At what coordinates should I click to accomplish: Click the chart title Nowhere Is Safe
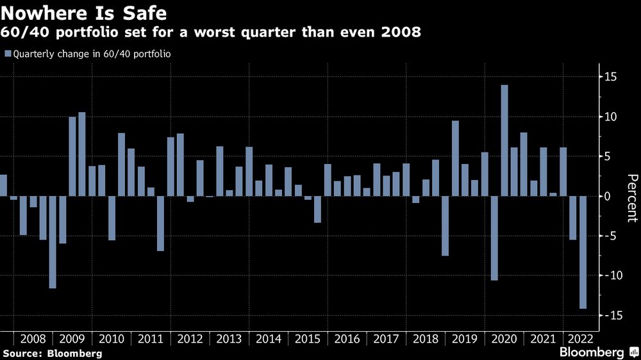point(85,13)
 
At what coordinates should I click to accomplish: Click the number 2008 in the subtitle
point(403,33)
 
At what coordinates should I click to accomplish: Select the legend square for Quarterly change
point(7,54)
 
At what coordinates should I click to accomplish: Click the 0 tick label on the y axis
point(606,196)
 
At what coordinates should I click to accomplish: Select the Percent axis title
point(631,198)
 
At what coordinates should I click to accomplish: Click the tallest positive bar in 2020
point(504,140)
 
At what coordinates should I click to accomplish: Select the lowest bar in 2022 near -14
point(583,252)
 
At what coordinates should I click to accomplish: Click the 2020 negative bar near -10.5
point(494,238)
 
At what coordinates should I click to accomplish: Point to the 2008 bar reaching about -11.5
point(53,241)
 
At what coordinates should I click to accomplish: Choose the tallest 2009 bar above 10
point(82,154)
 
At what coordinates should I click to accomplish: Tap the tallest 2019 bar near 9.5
point(455,158)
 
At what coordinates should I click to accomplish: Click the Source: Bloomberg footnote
point(52,353)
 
